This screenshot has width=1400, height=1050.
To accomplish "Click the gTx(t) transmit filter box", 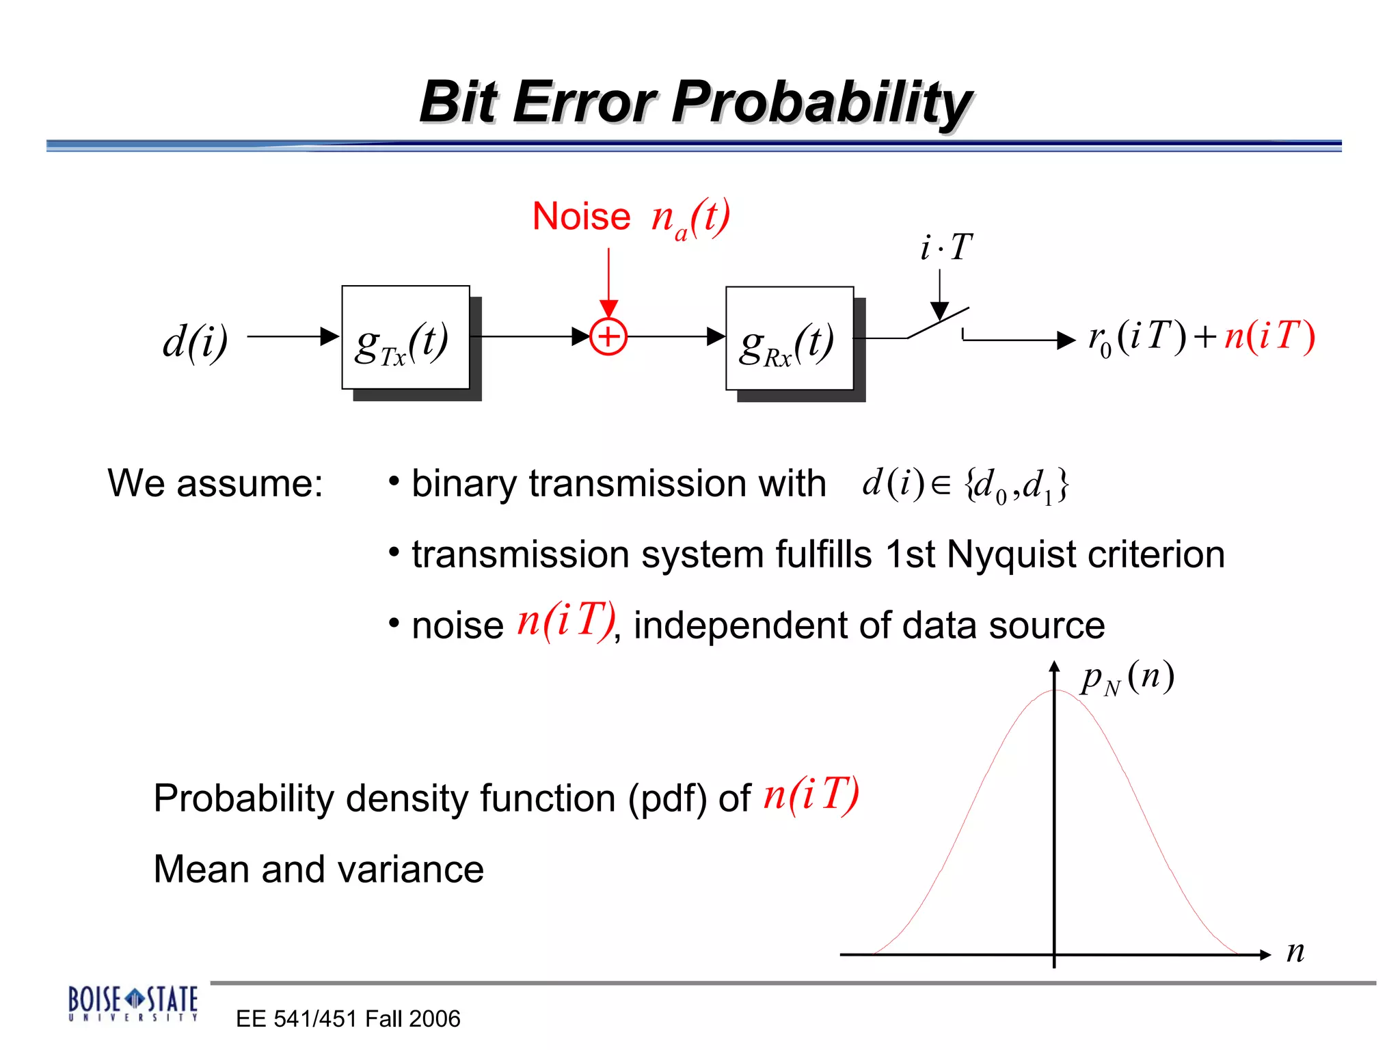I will [405, 338].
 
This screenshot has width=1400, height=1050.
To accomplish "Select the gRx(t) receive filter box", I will [790, 339].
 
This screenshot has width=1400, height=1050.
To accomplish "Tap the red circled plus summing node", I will [608, 337].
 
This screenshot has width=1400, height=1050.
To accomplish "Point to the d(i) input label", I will [195, 340].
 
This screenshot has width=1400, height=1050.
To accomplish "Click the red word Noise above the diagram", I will [581, 217].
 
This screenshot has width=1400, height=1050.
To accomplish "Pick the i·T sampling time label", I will [945, 247].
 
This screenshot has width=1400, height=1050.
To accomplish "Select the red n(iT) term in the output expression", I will [1269, 336].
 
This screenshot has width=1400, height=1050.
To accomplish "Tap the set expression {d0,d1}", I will [1016, 485].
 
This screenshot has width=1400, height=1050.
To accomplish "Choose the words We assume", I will [215, 484].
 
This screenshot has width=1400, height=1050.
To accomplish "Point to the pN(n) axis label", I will [1127, 677].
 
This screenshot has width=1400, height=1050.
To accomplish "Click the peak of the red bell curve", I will [1055, 691].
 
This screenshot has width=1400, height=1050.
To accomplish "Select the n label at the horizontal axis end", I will [1295, 952].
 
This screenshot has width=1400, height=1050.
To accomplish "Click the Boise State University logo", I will [133, 1003].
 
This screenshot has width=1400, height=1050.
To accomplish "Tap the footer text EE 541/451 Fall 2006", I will [348, 1019].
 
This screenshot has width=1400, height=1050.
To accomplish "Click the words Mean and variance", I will [319, 870].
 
